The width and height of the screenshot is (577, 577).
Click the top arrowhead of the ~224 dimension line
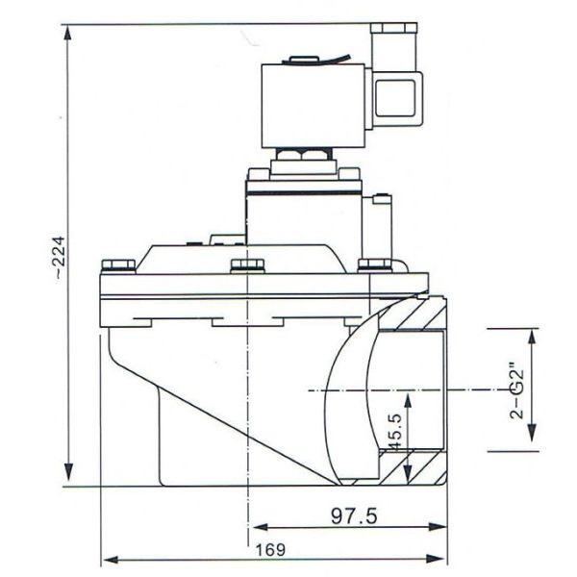(68, 30)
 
